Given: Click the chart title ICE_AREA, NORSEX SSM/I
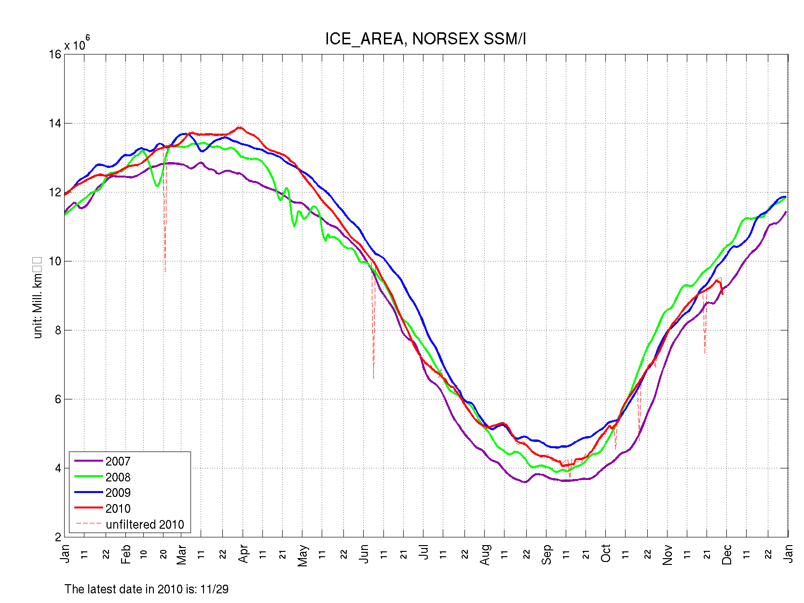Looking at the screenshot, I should click(x=425, y=39).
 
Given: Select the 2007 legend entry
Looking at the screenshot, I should click(x=118, y=462).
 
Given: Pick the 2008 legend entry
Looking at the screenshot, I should click(x=118, y=478).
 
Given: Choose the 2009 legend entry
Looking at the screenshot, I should click(x=118, y=493).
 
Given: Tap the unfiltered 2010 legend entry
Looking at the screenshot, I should click(x=145, y=525).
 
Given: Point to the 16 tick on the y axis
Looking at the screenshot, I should click(x=55, y=55).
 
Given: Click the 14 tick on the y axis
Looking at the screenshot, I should click(x=55, y=123).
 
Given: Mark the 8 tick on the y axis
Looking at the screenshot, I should click(x=58, y=330).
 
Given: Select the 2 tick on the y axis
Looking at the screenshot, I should click(x=58, y=537).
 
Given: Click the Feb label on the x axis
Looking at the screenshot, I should click(x=126, y=554).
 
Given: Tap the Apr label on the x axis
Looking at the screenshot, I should click(x=243, y=554).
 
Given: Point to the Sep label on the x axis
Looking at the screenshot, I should click(x=546, y=554).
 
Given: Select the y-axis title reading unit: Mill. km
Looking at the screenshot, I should click(x=38, y=298).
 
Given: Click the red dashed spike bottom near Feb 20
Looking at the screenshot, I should click(x=165, y=272).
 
